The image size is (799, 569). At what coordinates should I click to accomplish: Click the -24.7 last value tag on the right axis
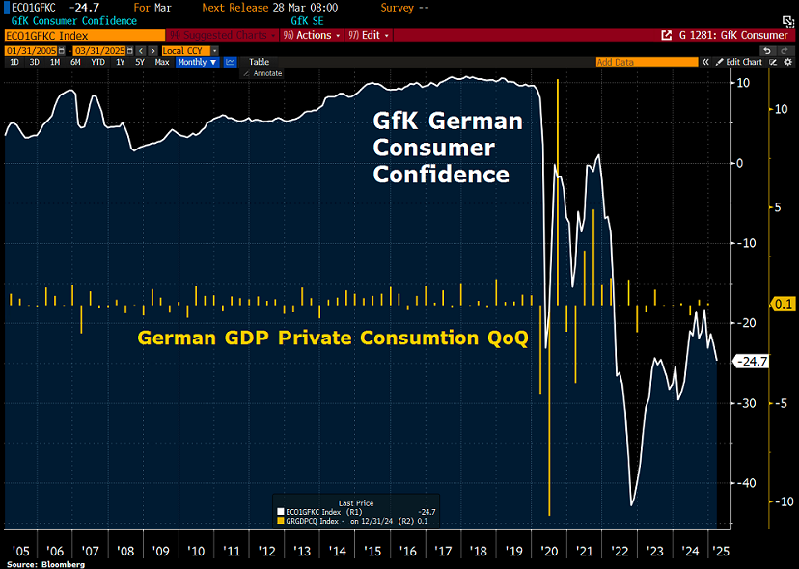coord(751,362)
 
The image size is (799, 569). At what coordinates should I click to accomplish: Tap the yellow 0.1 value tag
coord(784,304)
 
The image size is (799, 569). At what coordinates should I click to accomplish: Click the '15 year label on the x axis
coord(372,551)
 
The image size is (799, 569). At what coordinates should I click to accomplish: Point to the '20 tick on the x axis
coord(550,551)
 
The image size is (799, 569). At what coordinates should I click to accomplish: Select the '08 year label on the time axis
coord(124,551)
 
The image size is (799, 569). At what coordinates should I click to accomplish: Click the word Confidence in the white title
coord(441,175)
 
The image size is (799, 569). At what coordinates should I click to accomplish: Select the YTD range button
coord(97,62)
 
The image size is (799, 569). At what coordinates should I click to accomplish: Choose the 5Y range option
coord(140,62)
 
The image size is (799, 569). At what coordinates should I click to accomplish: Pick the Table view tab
coord(259,62)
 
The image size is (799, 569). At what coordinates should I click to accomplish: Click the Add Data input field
coord(646,62)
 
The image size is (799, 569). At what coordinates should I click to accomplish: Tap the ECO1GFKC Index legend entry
coord(322,512)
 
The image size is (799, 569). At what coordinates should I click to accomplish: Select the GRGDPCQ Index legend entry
coord(322,521)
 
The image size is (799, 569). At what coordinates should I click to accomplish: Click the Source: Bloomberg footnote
coord(45,563)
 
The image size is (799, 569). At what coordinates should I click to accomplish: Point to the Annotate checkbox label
coord(267,73)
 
